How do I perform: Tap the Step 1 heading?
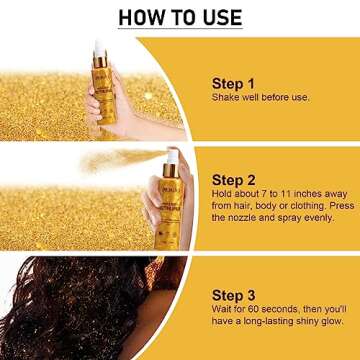click(x=233, y=83)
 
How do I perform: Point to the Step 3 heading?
click(x=233, y=267)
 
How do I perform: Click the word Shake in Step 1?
click(x=226, y=98)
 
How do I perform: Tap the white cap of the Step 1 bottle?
click(x=99, y=47)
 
